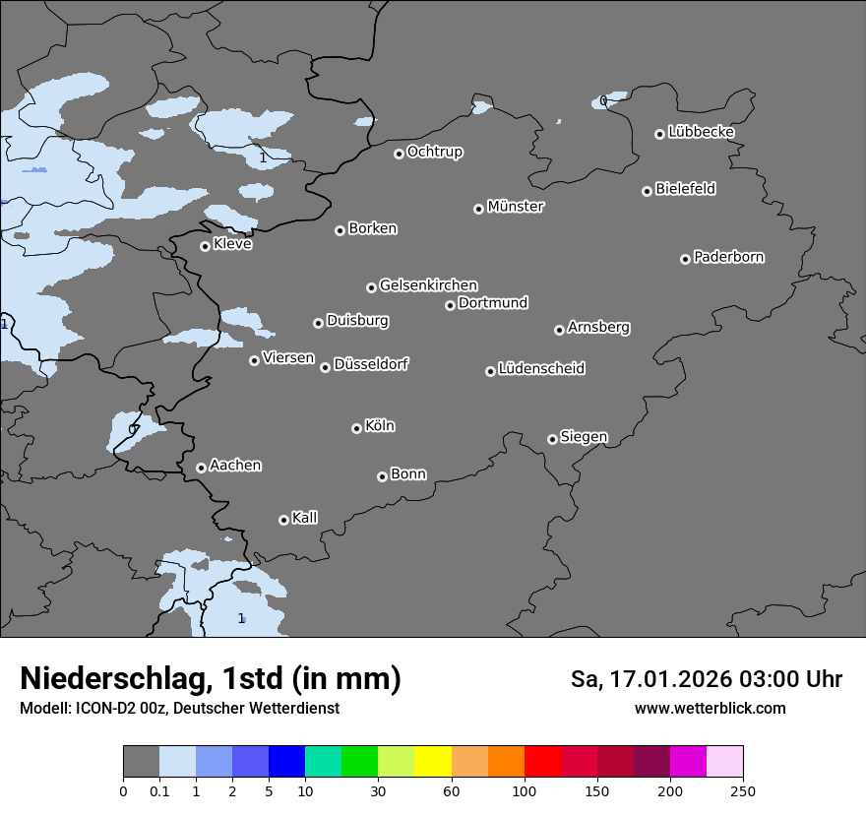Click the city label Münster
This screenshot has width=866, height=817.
pos(516,207)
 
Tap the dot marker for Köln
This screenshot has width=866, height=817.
pos(356,428)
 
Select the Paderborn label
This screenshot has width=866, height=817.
pos(729,257)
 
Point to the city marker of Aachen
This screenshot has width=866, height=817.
pos(201,468)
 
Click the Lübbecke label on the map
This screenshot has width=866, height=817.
pos(701,132)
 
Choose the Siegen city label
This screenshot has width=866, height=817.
pos(584,437)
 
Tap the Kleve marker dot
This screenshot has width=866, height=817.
pos(205,246)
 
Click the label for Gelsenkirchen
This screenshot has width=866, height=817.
pos(428,285)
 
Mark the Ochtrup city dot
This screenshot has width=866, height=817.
pos(399,154)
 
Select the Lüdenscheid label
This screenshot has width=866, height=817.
pos(541,369)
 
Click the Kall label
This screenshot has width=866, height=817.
pos(305,518)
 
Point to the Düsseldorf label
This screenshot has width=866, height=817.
pos(371,364)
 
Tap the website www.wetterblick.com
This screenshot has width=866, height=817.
pos(710,708)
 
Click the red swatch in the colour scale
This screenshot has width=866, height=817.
pos(542,762)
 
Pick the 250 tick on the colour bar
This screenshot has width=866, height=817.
pos(743,790)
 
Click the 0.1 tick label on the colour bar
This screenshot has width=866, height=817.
pos(159,790)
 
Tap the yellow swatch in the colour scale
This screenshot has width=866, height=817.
pos(432,762)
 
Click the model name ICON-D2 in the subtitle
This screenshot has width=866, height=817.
pos(103,708)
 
